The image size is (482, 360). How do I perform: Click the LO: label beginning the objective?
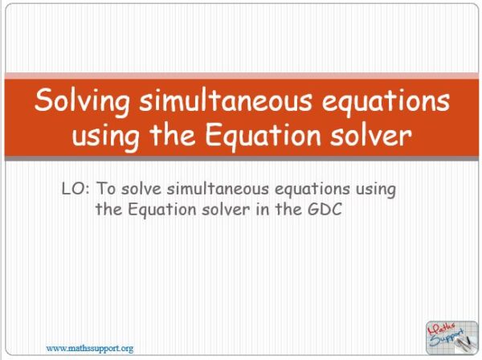tap(76, 190)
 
